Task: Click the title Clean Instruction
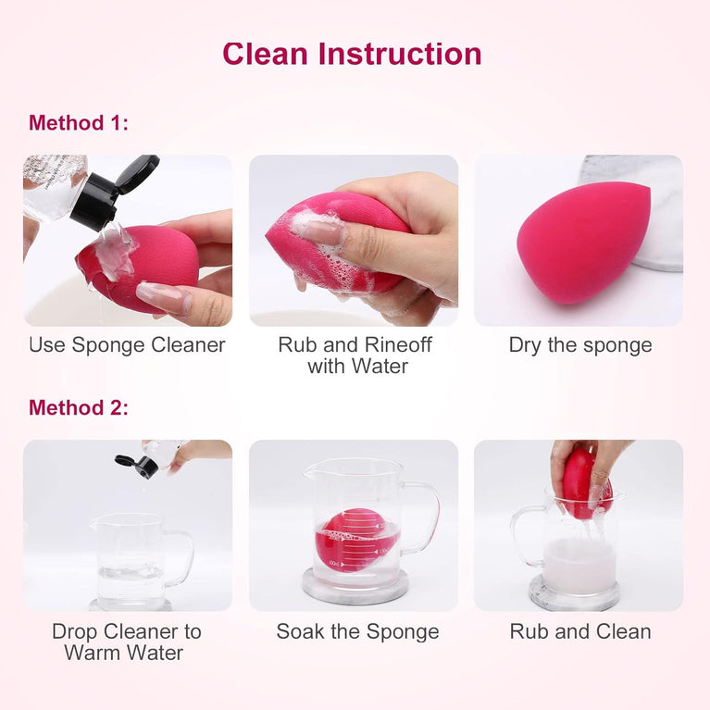[x=352, y=54]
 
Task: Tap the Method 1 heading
[x=79, y=123]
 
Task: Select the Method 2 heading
[x=79, y=407]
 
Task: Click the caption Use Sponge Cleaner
[x=127, y=345]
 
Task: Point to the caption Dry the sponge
[x=580, y=345]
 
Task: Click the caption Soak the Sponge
[x=357, y=632]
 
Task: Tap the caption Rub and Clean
[x=580, y=632]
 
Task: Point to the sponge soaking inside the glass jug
[x=352, y=540]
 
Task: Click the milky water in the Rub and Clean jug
[x=579, y=567]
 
